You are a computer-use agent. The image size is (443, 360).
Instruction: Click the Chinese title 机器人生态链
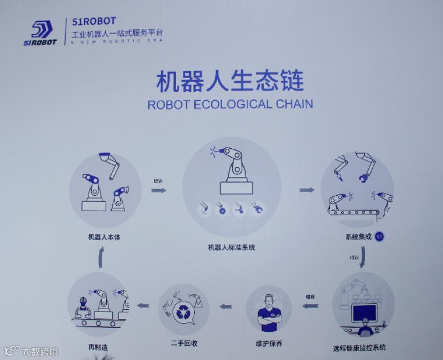click(x=230, y=81)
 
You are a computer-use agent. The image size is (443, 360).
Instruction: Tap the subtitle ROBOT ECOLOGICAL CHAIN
click(x=230, y=104)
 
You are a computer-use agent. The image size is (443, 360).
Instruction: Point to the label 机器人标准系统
click(x=232, y=247)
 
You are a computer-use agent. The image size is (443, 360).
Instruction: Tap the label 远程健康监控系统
click(x=359, y=348)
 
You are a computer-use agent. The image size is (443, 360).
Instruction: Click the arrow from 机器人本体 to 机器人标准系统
click(x=159, y=190)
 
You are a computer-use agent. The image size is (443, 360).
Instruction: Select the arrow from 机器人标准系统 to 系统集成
click(x=307, y=190)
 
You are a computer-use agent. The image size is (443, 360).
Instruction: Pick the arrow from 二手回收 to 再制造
click(x=143, y=305)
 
